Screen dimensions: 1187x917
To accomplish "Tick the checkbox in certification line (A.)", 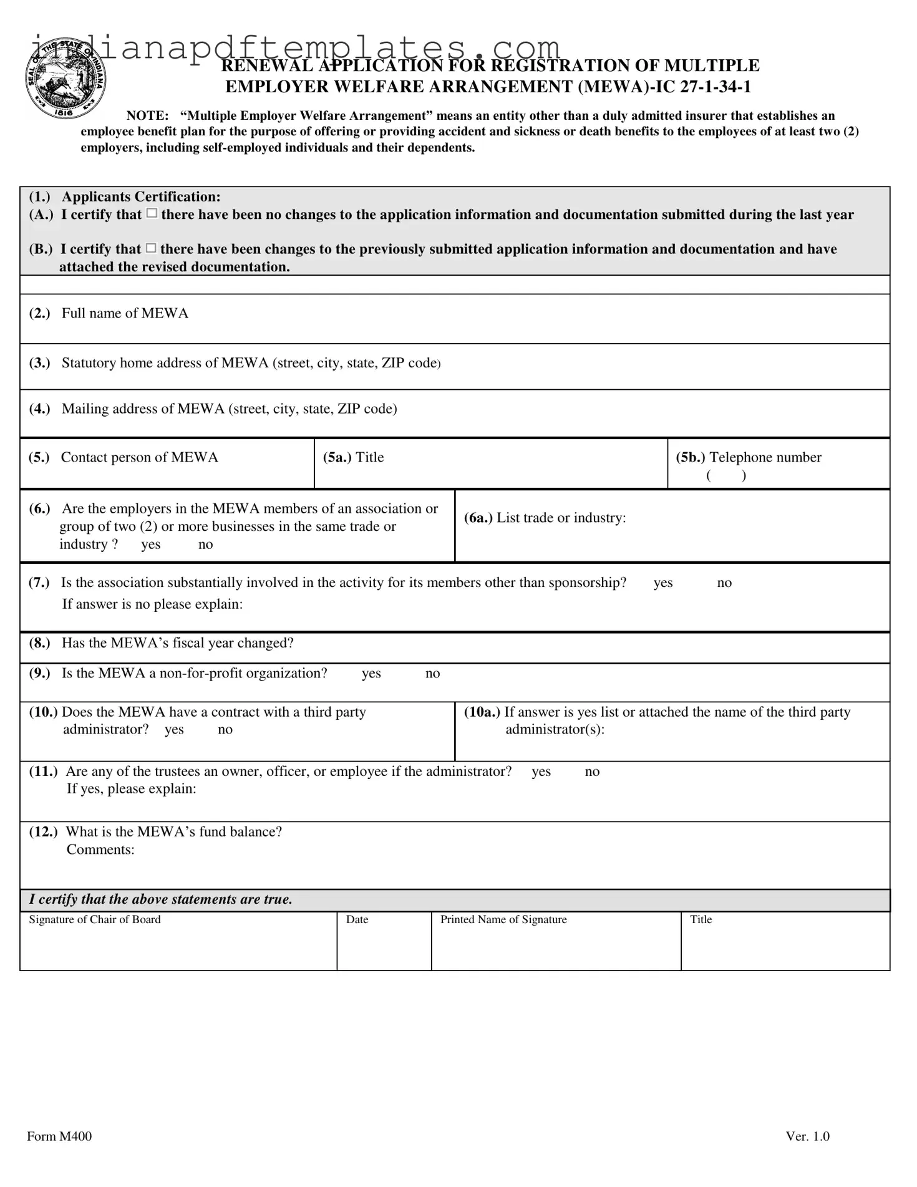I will [x=152, y=214].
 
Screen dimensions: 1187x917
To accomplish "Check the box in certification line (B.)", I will [x=151, y=248].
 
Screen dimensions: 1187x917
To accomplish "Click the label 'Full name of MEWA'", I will [x=124, y=313].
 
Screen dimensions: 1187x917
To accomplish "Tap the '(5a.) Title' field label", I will [x=353, y=457].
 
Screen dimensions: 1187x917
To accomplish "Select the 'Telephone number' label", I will [x=765, y=457].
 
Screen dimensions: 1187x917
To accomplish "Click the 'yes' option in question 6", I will [x=150, y=545].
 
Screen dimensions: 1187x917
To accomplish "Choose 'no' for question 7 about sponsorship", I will [x=724, y=583].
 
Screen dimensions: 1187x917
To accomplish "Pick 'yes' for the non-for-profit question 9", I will [x=371, y=673].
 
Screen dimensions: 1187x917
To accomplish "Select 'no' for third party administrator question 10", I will [x=225, y=729].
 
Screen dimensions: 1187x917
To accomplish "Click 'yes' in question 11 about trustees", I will [x=541, y=771].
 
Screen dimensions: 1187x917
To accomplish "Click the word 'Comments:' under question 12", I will [x=100, y=850].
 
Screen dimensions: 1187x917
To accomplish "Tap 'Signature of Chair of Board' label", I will [x=94, y=919].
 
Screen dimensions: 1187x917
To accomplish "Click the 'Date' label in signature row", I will [x=357, y=919].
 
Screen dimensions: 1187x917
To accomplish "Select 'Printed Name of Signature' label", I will [x=503, y=919].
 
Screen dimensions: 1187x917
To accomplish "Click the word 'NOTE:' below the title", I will [x=147, y=115].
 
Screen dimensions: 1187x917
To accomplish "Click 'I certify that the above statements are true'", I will [x=160, y=899].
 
